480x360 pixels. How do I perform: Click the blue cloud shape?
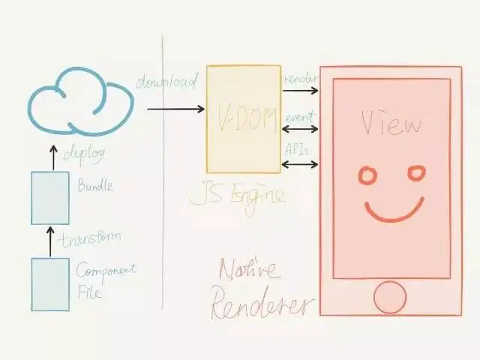tap(79, 105)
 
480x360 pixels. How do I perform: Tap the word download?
tap(166, 81)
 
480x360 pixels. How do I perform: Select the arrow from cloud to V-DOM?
tap(175, 109)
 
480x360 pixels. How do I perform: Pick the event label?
tap(300, 116)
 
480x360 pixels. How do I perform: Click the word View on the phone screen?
tap(390, 122)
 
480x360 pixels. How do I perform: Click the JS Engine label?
tap(237, 196)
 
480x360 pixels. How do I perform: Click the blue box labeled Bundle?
tap(49, 197)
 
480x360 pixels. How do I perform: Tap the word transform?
tap(91, 238)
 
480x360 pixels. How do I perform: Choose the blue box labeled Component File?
tap(49, 283)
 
